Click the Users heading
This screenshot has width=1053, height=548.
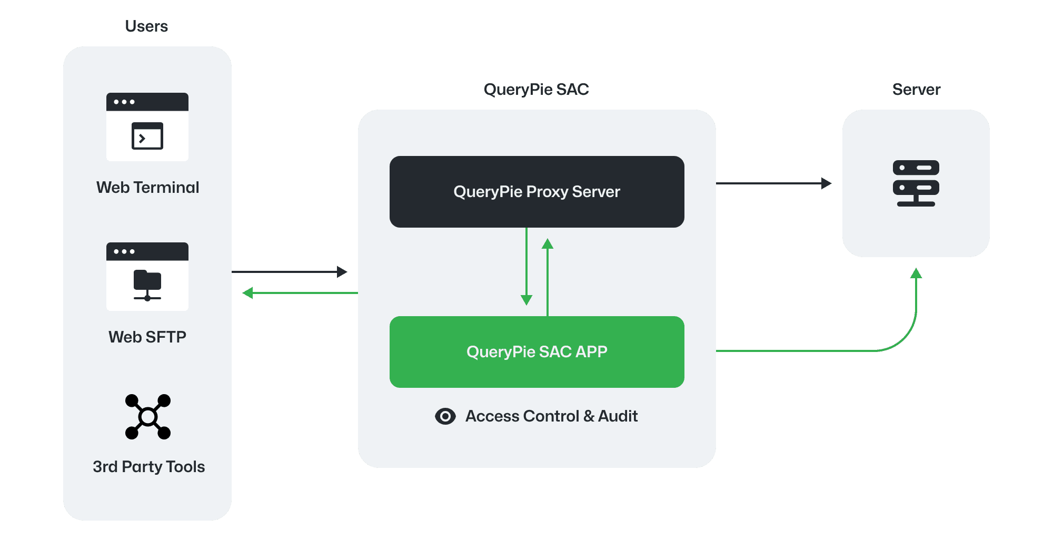point(146,26)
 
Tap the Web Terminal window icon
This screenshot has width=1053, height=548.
point(147,127)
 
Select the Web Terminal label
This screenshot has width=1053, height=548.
point(147,188)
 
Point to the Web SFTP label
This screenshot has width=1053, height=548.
point(147,337)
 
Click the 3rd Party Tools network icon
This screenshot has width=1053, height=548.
point(148,417)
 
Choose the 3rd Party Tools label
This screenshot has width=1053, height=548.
point(148,467)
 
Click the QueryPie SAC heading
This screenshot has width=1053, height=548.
point(536,90)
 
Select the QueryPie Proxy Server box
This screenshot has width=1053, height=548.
point(537,192)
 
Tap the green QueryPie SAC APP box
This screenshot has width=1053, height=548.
point(537,352)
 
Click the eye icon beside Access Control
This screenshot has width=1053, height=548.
point(445,416)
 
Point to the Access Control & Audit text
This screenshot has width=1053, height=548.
point(551,416)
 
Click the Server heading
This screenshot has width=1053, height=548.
point(916,90)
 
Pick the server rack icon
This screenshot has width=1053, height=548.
point(916,183)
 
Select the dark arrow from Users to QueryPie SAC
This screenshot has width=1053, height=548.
point(290,272)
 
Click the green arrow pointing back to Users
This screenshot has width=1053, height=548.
point(300,293)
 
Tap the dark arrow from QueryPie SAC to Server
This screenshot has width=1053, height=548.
point(774,183)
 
